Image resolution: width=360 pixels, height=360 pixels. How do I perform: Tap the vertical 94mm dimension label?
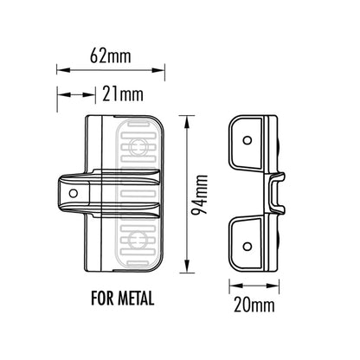202,196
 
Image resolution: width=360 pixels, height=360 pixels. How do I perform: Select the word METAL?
137,300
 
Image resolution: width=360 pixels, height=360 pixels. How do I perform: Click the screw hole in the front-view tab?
73,193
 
